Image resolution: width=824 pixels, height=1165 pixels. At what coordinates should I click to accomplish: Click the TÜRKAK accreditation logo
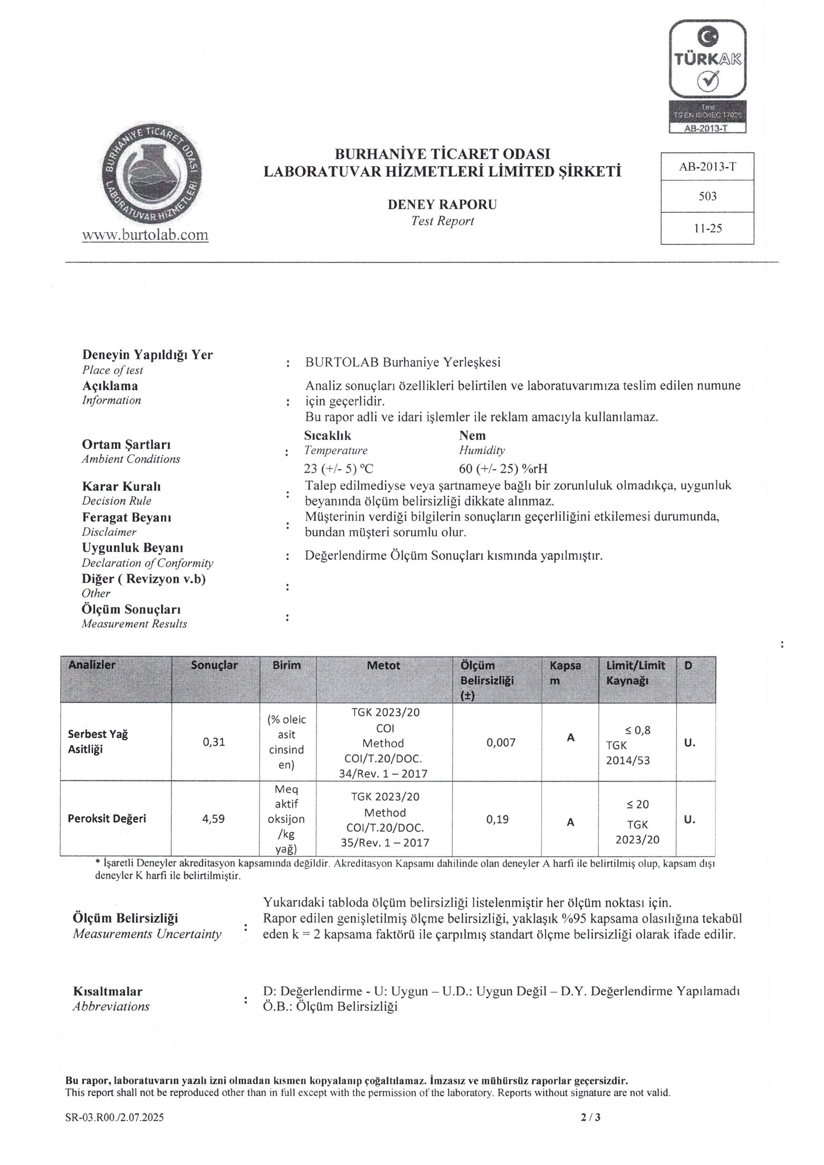(x=707, y=76)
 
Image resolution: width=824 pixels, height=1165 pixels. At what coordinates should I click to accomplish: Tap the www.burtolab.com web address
(x=145, y=235)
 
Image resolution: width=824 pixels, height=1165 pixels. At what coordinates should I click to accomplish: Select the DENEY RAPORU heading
(x=442, y=204)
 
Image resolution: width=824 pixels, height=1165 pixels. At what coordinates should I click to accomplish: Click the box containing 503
(x=707, y=196)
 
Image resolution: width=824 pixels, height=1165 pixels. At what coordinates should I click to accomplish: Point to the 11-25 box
(x=707, y=228)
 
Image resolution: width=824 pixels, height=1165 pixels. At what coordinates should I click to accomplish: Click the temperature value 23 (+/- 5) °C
(x=338, y=468)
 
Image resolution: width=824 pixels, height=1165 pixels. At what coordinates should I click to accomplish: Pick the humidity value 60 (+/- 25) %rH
(x=503, y=468)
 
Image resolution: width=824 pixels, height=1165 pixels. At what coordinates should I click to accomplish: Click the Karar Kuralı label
(x=121, y=486)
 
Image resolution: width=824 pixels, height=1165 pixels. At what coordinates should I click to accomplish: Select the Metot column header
(x=384, y=665)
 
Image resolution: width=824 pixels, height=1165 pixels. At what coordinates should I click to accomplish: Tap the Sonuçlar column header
(x=214, y=665)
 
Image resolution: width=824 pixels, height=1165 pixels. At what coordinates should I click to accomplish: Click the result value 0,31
(x=214, y=742)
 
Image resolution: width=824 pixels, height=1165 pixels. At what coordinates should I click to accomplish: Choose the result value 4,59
(x=214, y=819)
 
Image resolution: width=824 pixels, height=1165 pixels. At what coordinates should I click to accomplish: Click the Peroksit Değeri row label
(x=107, y=819)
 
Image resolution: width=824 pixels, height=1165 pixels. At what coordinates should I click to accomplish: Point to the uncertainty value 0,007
(x=501, y=742)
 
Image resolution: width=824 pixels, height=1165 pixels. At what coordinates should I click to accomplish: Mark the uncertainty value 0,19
(x=497, y=819)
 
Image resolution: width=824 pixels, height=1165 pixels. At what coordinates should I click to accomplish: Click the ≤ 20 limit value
(x=637, y=804)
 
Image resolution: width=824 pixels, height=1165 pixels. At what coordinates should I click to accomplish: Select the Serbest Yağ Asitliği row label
(x=98, y=741)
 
